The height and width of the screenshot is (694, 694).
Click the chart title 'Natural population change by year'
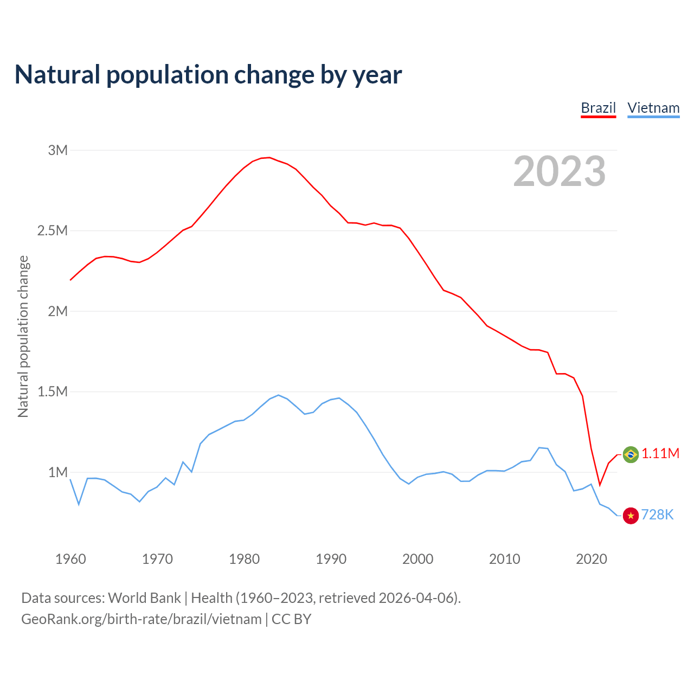(208, 75)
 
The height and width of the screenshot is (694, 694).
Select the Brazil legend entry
(598, 108)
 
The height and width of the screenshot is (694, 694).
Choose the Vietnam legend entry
(653, 108)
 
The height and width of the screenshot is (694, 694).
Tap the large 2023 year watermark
(559, 171)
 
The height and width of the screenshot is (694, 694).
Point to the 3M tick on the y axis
(57, 150)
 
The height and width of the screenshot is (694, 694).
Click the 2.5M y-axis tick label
(52, 231)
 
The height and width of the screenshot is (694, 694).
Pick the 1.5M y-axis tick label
(52, 392)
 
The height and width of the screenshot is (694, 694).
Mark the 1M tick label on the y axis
(57, 472)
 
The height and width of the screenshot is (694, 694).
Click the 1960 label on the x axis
(70, 559)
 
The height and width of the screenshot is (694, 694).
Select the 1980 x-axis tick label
(244, 559)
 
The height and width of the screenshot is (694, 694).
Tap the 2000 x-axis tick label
(417, 559)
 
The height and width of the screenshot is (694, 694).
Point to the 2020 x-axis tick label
(591, 559)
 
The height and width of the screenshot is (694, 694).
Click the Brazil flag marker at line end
(631, 454)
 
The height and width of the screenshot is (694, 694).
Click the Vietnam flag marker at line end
(631, 516)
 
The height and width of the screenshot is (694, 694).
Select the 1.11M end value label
(660, 454)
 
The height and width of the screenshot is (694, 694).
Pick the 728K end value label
(657, 515)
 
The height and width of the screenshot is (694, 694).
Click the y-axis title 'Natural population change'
(23, 337)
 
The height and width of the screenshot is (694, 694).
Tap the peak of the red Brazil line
(269, 158)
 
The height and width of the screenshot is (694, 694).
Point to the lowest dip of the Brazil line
(600, 485)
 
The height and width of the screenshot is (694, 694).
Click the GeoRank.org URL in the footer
(141, 619)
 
